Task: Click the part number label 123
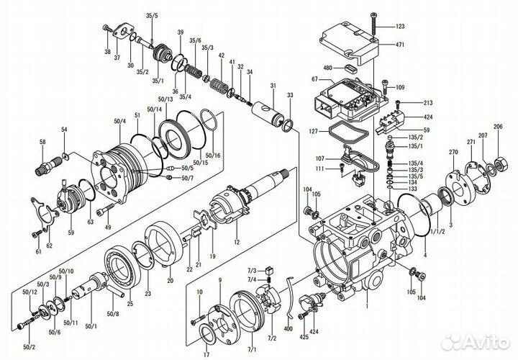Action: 400,27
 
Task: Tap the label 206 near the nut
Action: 498,127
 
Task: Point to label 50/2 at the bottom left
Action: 28,347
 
